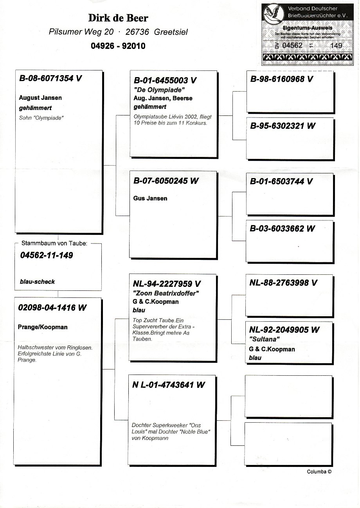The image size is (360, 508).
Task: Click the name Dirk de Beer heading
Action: click(118, 18)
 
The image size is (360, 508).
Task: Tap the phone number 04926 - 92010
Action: click(118, 46)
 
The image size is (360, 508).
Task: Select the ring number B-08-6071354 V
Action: click(50, 78)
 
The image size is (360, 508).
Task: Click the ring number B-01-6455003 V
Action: click(165, 81)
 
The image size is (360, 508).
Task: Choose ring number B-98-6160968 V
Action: click(281, 79)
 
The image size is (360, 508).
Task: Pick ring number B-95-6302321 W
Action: click(283, 126)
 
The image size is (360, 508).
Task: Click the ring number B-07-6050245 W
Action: click(166, 181)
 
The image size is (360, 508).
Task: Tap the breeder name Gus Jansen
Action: click(150, 198)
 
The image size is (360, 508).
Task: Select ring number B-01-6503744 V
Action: click(281, 182)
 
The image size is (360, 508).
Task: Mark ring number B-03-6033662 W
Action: click(282, 229)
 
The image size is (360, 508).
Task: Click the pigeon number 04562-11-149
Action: click(46, 256)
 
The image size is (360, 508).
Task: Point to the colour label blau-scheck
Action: click(37, 281)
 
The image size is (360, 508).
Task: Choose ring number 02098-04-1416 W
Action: click(52, 308)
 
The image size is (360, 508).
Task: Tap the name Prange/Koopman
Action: click(43, 327)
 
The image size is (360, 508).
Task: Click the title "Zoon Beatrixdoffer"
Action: click(164, 293)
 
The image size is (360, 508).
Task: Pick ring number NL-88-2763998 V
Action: click(283, 283)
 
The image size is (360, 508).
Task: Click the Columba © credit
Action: click(319, 472)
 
